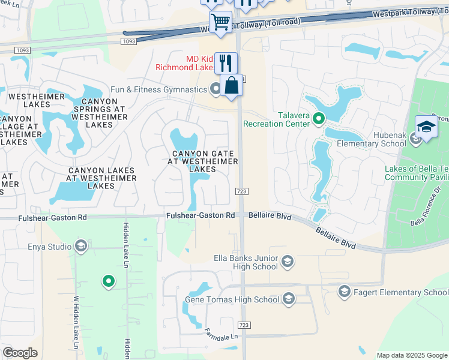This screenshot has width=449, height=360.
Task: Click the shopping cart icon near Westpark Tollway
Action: coord(221,22)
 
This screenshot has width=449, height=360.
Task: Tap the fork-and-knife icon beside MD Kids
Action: coord(226,62)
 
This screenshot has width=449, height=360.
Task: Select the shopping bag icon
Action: coord(231,85)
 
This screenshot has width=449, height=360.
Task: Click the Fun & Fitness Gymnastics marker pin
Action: coord(216,89)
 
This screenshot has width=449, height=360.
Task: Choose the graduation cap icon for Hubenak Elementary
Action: coord(426,127)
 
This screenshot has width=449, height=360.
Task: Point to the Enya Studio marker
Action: coord(81,246)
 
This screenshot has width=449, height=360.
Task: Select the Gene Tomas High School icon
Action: coord(288,299)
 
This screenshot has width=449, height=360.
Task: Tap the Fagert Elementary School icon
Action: coord(344,292)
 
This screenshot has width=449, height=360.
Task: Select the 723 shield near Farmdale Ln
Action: coord(244,325)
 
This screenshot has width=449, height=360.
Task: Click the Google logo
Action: coord(20,353)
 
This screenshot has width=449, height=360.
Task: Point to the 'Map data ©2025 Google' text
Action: coord(411,355)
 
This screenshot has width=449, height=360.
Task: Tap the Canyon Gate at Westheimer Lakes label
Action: coord(202,161)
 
